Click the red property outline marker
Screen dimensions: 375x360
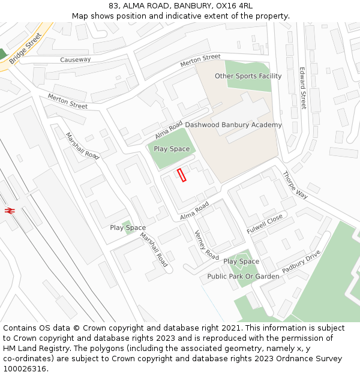pos(182,175)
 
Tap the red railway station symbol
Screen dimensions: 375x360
pos(9,210)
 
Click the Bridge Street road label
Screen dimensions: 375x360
pos(26,48)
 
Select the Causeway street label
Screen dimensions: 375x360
pos(76,59)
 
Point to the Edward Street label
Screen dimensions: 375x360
pos(303,88)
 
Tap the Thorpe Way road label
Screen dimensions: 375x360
pos(295,185)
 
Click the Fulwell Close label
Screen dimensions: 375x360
pos(264,224)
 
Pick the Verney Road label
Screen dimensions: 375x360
pos(206,245)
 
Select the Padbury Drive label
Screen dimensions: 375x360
pos(301,262)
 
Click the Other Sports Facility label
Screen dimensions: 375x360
pos(248,76)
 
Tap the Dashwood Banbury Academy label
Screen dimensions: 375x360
pos(233,125)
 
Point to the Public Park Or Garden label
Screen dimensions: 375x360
pos(243,276)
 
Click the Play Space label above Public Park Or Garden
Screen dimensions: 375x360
pos(241,262)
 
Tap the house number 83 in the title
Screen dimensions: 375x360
pos(115,6)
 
